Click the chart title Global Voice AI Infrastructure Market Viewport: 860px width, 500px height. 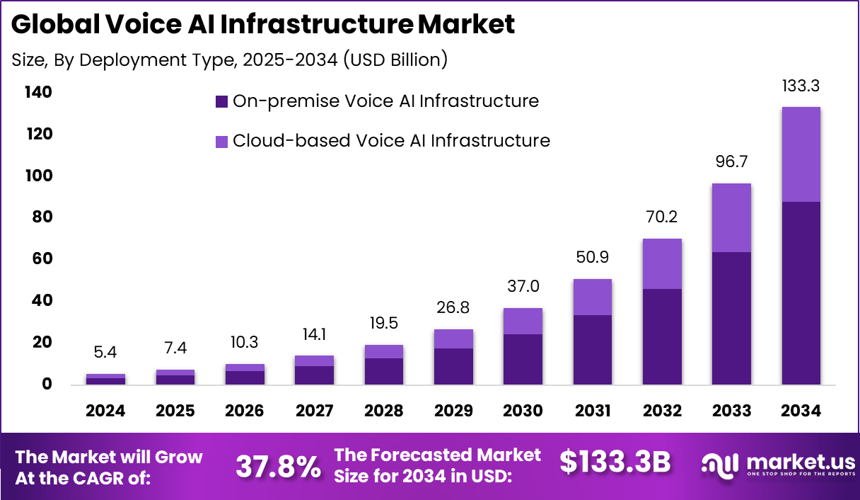(262, 25)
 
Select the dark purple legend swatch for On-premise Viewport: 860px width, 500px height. (221, 102)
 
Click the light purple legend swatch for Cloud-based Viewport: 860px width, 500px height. (221, 141)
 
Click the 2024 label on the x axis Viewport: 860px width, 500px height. (105, 411)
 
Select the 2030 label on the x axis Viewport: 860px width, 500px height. (523, 411)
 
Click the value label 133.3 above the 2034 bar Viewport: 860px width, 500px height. (801, 86)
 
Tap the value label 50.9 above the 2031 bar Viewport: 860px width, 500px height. (592, 259)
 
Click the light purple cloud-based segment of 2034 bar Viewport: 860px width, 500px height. (801, 154)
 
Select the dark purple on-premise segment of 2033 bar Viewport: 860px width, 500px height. (731, 318)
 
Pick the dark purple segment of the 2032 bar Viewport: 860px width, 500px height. (662, 336)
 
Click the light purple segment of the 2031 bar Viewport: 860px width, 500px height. (592, 297)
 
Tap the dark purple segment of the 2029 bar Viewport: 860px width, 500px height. (453, 366)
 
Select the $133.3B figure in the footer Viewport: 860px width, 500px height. (615, 463)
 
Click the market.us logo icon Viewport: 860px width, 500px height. (719, 464)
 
